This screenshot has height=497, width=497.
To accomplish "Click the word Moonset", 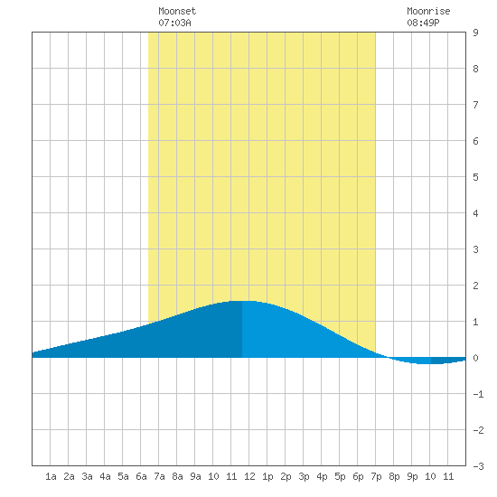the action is pos(177,11).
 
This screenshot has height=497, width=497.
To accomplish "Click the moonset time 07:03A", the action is pos(174,23).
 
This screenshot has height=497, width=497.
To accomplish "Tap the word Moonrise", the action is pos(428,11).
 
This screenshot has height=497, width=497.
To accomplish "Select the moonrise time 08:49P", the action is pos(423,23).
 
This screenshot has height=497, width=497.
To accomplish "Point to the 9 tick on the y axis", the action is pos(475,33).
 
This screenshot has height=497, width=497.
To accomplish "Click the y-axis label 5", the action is pos(475,177).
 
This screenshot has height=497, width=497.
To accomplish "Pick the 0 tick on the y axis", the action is pos(475,358).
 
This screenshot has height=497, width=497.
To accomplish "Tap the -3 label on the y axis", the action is pos(478,466).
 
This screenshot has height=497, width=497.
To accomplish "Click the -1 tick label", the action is pos(478,394).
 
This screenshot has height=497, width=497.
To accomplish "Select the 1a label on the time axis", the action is pos(51,476).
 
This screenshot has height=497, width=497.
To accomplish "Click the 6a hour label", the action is pos(141,476).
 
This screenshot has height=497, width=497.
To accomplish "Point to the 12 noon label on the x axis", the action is pos(249,476).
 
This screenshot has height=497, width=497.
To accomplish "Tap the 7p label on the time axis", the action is pos(376,476).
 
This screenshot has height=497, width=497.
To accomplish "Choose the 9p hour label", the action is pos(412,476).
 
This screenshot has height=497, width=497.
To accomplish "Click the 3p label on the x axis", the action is pos(304,476).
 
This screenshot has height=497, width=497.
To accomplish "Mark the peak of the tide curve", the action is pos(242,301).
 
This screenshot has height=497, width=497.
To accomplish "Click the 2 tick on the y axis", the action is pos(475,286).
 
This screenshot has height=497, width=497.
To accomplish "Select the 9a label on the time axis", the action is pos(195,476).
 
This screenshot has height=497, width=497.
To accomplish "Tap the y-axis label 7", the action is pos(475,105).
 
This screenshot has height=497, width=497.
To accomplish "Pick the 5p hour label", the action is pos(340,476).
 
